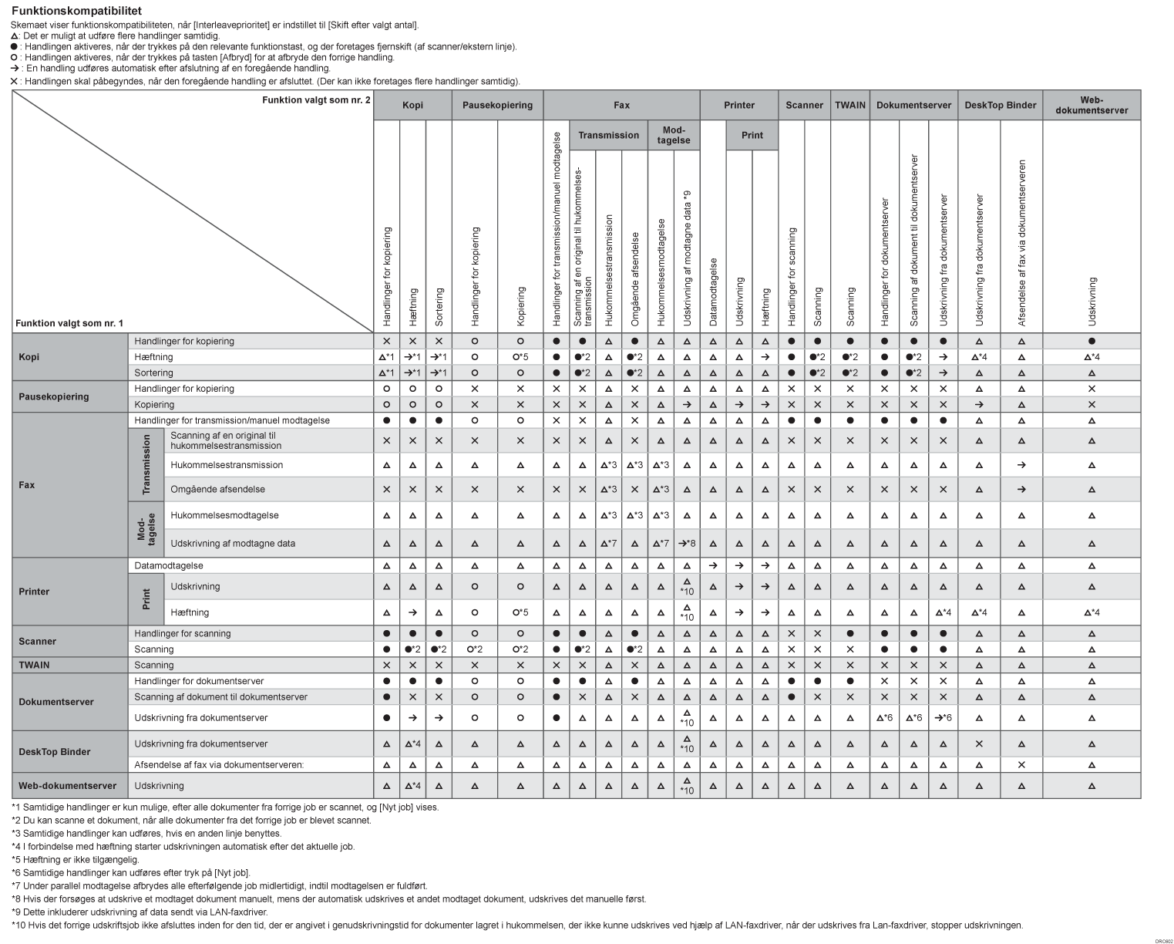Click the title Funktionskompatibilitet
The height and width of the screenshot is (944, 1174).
(76, 12)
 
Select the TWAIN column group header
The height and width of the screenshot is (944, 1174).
(849, 105)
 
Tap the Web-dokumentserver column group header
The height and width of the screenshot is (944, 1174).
(1092, 105)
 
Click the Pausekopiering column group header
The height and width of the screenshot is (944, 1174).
(497, 105)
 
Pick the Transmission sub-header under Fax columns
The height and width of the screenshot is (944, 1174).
(608, 135)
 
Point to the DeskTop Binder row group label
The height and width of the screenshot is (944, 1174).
(55, 752)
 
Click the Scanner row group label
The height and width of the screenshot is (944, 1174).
(38, 641)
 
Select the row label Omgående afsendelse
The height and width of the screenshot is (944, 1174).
(217, 489)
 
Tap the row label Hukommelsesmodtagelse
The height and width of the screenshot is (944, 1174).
(224, 515)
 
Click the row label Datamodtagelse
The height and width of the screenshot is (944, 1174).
(169, 565)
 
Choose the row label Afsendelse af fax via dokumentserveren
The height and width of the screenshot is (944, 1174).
(219, 765)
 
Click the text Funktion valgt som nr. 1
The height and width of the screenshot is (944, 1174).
(69, 323)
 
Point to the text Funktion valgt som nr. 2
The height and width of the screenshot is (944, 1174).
(316, 100)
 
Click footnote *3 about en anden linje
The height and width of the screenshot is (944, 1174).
(146, 833)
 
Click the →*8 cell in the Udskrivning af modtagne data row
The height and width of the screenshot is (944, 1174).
(687, 544)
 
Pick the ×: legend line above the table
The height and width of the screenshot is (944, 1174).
(265, 81)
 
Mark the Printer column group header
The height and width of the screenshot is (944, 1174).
(739, 105)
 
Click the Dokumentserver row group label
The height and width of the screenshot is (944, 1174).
(56, 702)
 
